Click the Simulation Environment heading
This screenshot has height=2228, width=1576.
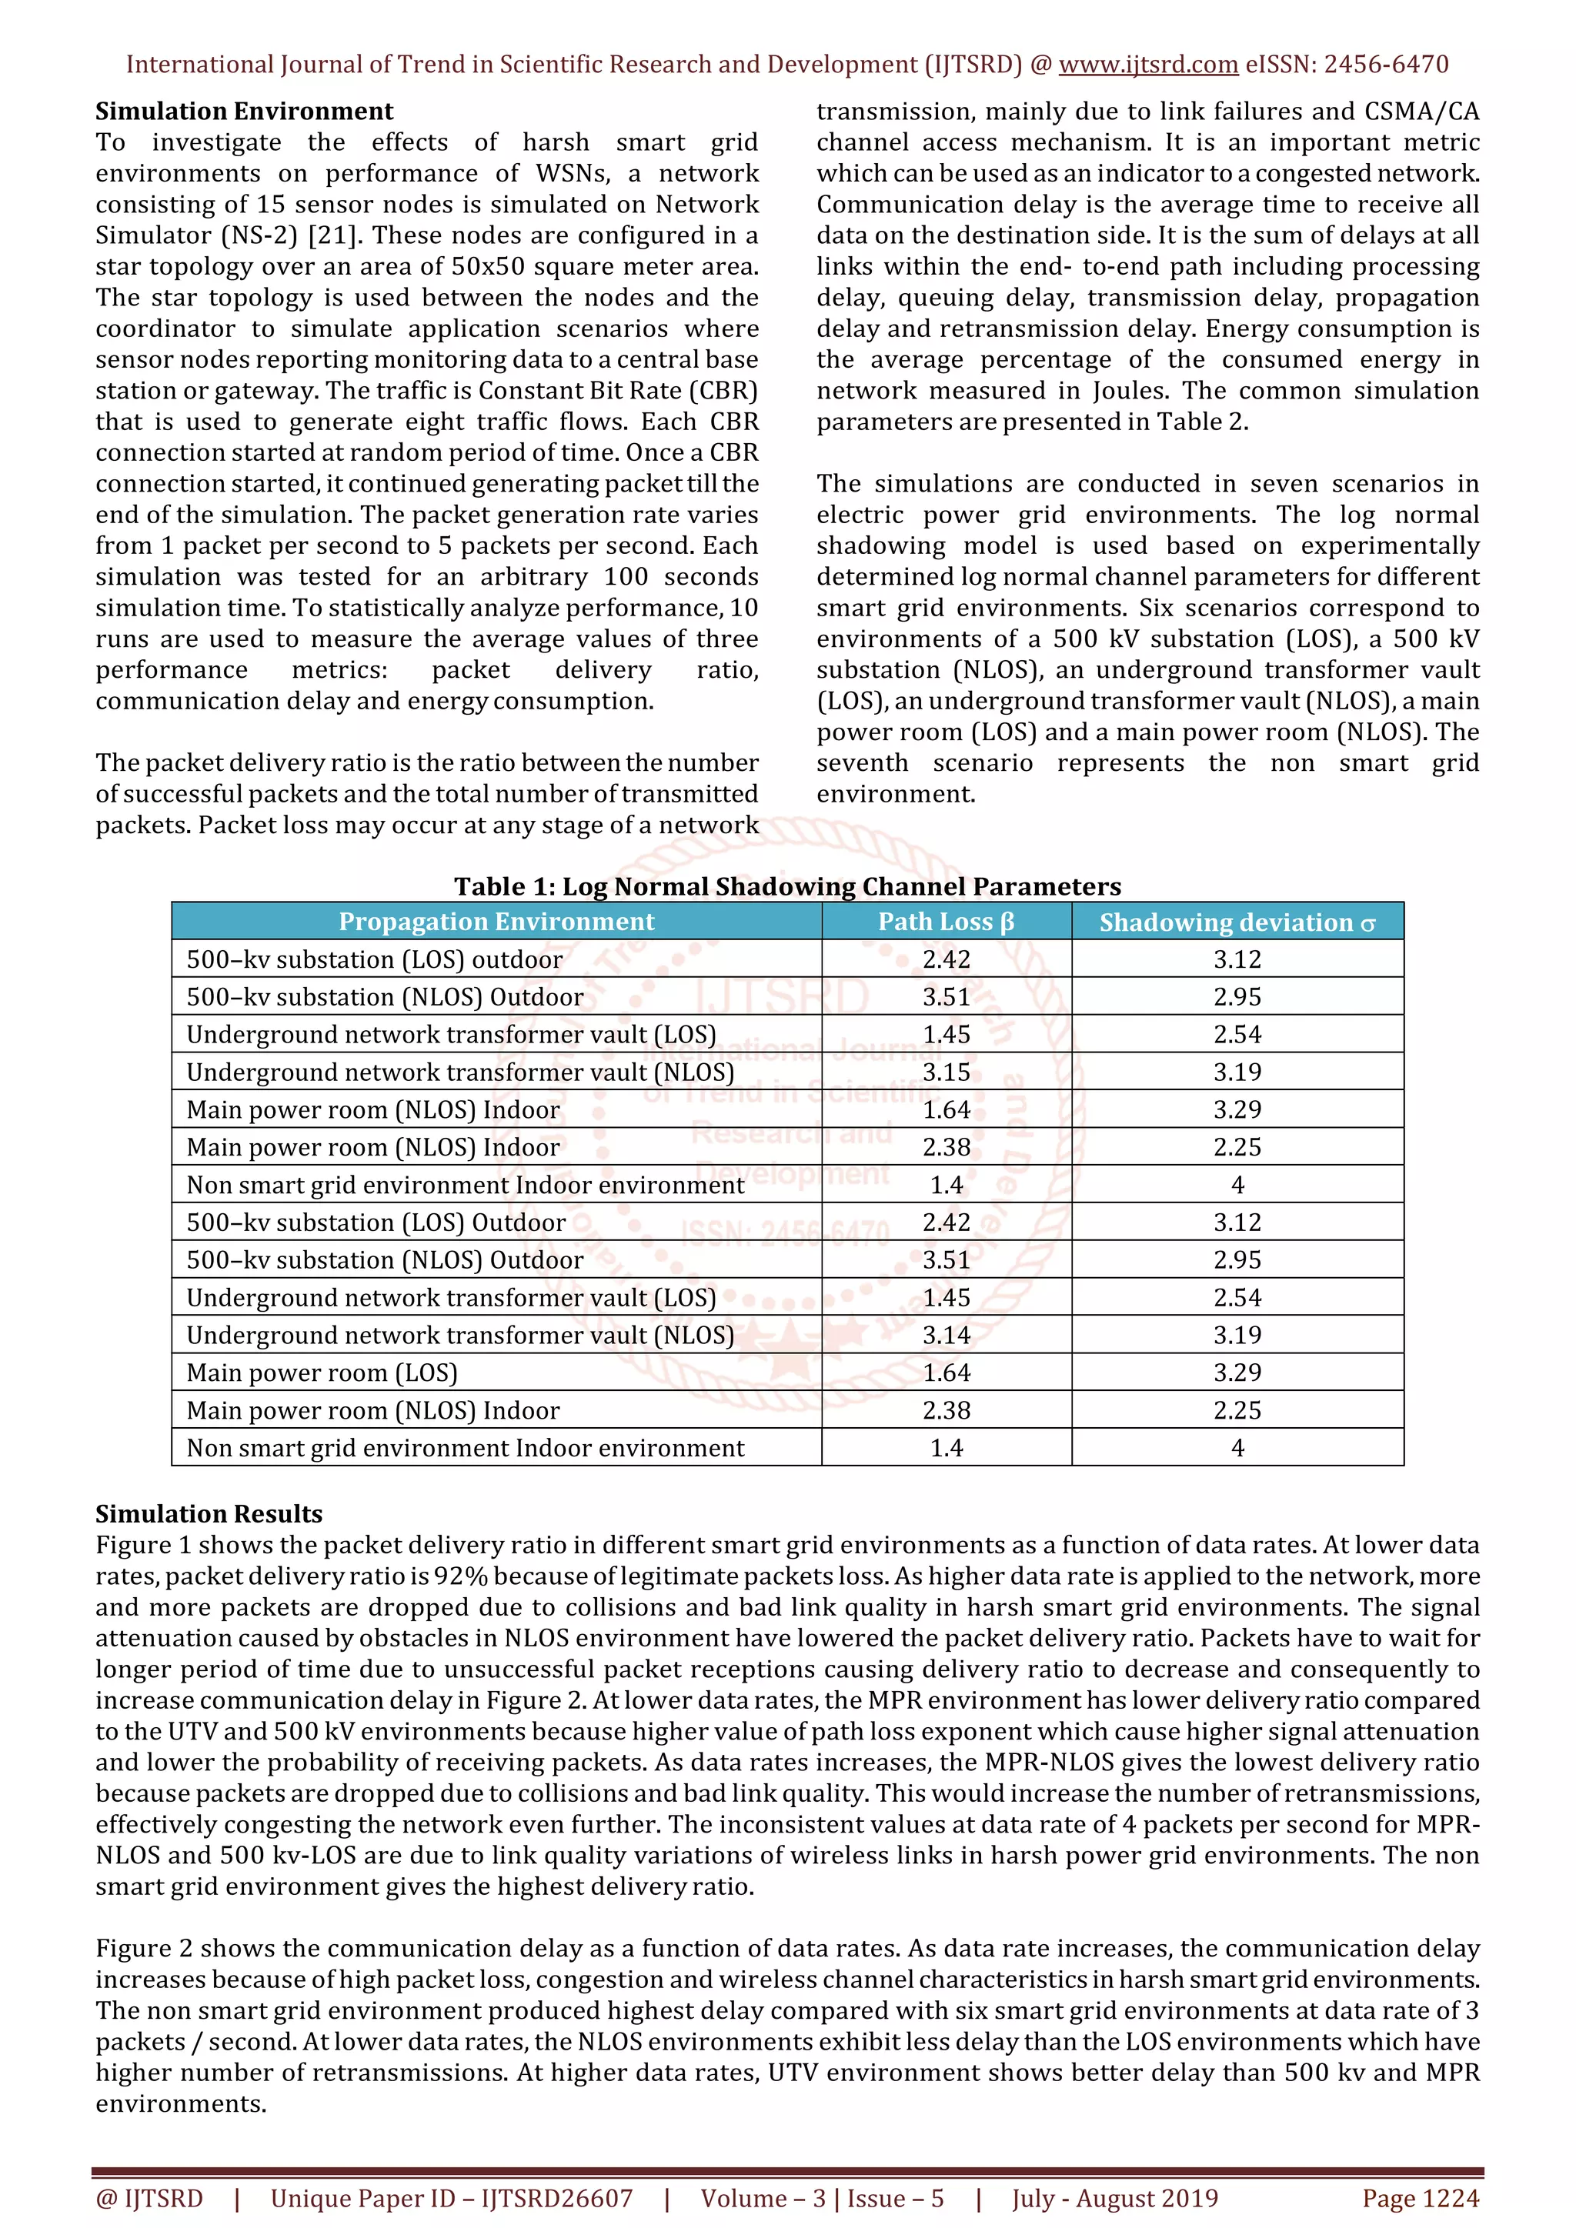(244, 111)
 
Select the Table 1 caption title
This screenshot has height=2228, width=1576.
(787, 886)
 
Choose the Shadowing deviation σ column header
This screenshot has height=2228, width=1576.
(1237, 922)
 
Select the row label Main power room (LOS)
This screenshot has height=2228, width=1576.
(321, 1372)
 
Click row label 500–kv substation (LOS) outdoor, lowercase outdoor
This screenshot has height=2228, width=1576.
(374, 959)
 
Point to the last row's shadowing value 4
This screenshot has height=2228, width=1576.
(1237, 1447)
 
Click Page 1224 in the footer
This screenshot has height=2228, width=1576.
(1420, 2198)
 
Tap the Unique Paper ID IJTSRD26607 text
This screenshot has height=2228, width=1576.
(451, 2198)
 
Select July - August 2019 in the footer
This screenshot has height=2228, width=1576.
(1114, 2198)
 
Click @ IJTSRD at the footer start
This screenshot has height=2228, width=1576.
(149, 2198)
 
